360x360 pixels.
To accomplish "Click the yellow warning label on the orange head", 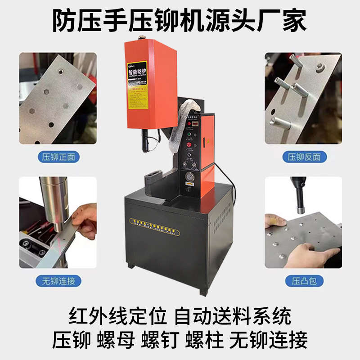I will [137, 86].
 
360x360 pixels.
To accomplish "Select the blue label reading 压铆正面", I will [57, 157].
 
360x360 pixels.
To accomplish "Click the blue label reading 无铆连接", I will [57, 281].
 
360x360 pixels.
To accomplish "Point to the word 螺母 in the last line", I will [116, 340].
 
